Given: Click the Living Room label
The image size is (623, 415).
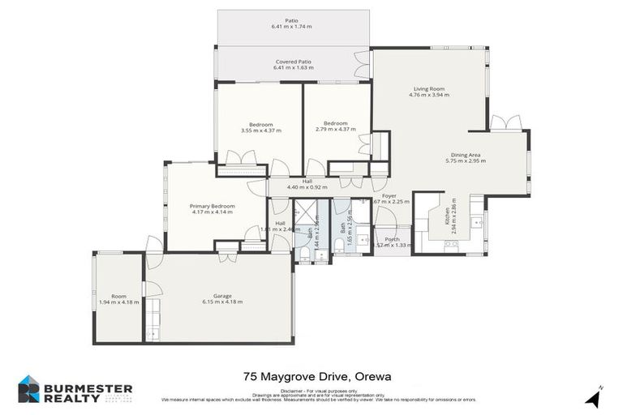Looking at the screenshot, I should pos(428,88).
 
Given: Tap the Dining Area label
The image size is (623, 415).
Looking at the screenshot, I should pos(466,154).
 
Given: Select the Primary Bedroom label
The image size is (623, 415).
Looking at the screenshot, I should pos(213,206).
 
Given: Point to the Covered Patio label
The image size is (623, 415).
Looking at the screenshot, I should pos(293,62).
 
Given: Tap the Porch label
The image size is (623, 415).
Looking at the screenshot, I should pos(392,239).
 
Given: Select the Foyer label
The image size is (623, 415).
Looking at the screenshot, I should pos(389,195).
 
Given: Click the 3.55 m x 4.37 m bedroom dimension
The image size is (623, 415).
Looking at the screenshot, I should pos(260,130).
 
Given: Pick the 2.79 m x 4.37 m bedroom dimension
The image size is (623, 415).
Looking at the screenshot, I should pos(336,130).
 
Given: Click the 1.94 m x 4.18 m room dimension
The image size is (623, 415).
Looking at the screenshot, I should pos(118,302).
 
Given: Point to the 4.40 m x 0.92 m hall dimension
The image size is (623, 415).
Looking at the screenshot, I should pos(307,188).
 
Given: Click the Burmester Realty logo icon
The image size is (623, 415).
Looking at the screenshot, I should pos(29,389).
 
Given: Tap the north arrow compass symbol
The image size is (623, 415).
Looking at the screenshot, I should pos(594,398).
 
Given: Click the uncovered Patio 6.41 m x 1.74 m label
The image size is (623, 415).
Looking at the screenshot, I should pos(293,26).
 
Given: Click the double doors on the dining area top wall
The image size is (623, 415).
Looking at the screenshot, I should pos(507,123).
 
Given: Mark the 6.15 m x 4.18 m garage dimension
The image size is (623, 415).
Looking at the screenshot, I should pos(222,302).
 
